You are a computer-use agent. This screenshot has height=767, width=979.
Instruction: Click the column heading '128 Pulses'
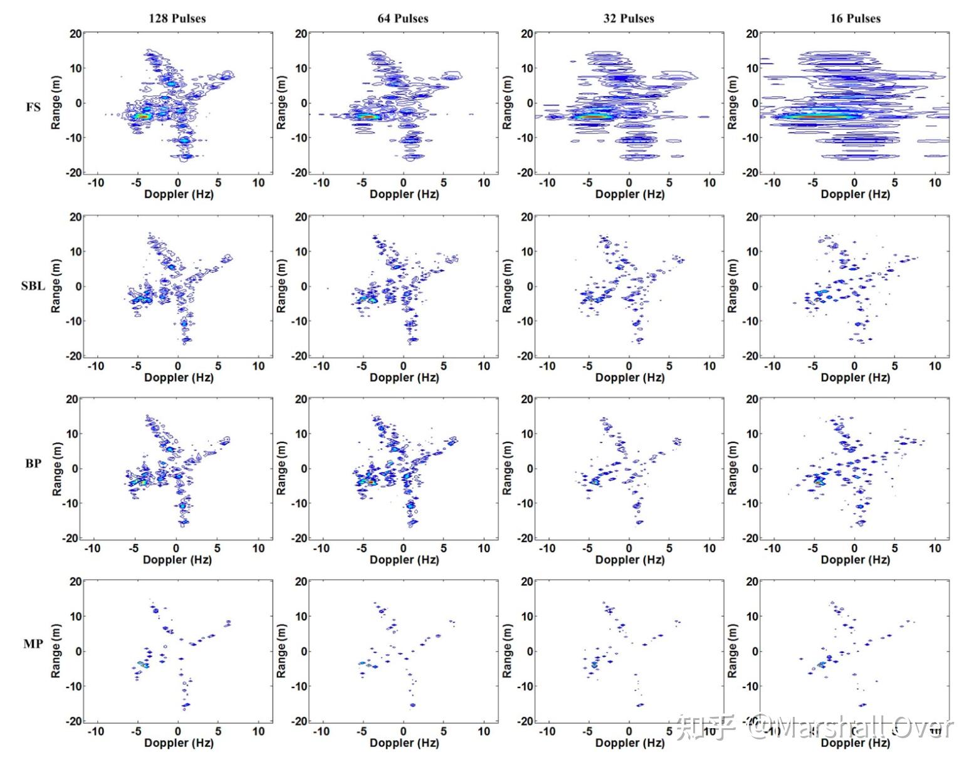[177, 18]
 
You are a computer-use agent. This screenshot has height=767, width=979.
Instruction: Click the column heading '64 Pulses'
[402, 18]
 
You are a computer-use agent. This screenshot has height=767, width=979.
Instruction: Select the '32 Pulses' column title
[629, 18]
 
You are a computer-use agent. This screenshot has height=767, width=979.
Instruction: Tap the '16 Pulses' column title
[855, 18]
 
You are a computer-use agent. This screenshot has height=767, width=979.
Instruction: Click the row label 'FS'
[33, 107]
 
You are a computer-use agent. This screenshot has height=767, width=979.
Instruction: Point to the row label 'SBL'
[33, 286]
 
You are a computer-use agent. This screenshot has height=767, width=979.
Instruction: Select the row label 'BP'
[33, 463]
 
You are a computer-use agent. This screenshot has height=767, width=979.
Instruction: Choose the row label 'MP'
[33, 644]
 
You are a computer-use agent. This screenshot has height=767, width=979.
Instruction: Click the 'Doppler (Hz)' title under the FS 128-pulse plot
[179, 194]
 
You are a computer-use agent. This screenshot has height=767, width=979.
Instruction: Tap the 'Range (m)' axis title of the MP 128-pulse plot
[56, 651]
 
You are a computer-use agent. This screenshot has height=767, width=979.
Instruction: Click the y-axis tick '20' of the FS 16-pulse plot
[751, 33]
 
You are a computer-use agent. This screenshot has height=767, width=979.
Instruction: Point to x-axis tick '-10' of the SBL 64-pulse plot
[321, 366]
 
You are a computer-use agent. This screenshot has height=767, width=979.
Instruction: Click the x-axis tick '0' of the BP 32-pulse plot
[629, 548]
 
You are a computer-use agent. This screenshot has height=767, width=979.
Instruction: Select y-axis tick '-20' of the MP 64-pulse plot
[298, 721]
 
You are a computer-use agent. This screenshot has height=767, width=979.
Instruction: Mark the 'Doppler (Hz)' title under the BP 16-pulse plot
[855, 560]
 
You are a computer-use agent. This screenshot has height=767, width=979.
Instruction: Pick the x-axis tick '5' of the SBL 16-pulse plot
[894, 366]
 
